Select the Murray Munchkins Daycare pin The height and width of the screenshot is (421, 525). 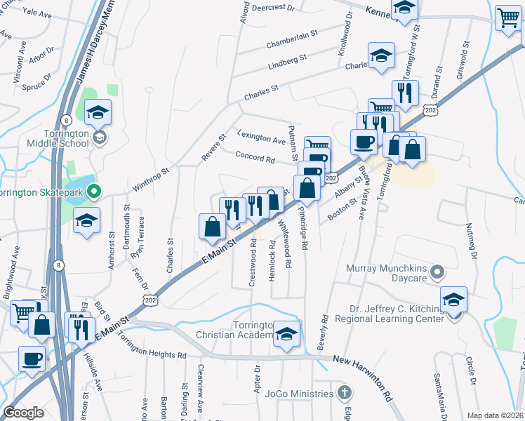[437, 272]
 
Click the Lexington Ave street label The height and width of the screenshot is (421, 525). [261, 136]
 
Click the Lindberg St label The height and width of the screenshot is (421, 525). [288, 62]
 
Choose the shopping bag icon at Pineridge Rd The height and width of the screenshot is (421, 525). [307, 187]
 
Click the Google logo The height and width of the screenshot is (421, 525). [24, 413]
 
